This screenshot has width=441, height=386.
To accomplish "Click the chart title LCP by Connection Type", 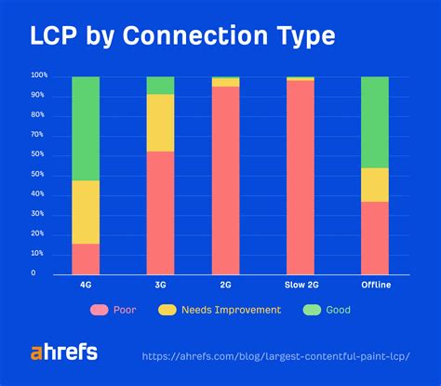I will point(181,37).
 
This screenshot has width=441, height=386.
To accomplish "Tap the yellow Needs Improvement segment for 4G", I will point(86,212).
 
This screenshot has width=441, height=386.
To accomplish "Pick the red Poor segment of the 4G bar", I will point(86,258).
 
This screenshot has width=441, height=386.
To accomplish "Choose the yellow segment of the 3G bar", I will point(160,122).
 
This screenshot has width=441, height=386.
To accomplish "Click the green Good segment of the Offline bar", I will point(374,122).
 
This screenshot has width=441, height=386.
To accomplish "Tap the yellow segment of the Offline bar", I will point(374,184).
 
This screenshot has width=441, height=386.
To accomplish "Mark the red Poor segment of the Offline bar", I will point(374,236).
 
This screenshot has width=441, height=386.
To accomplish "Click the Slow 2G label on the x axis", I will point(300,284).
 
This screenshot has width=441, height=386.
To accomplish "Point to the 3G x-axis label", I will point(160,284).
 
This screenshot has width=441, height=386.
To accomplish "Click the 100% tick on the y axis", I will point(39,75).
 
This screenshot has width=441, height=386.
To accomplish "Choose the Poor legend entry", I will point(113,310).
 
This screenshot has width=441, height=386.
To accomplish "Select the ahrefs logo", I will point(63,352).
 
